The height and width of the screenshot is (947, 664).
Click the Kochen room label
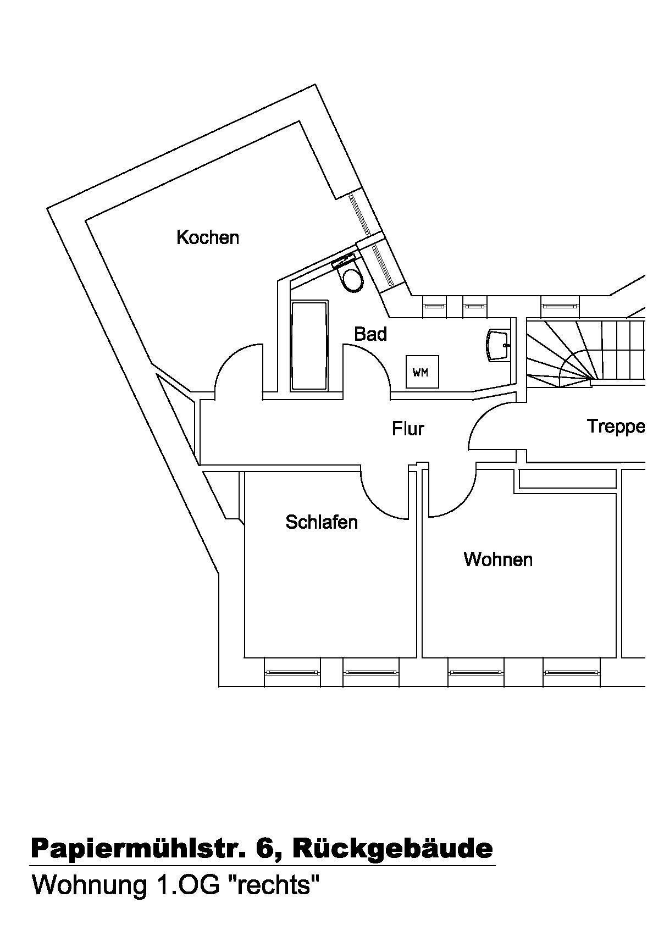pyautogui.click(x=208, y=237)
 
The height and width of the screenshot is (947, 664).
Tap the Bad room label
pyautogui.click(x=370, y=334)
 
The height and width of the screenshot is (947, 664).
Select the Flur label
pyautogui.click(x=408, y=428)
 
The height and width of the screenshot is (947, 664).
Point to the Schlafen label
pyautogui.click(x=322, y=522)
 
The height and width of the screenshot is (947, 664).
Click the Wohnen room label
pyautogui.click(x=498, y=559)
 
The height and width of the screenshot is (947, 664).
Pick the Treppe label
pyautogui.click(x=616, y=426)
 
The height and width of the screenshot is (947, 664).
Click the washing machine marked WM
pyautogui.click(x=422, y=372)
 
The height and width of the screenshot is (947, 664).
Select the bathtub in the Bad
pyautogui.click(x=309, y=345)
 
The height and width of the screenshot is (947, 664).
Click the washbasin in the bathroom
pyautogui.click(x=499, y=345)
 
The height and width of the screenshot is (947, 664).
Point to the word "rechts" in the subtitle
pyautogui.click(x=272, y=885)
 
